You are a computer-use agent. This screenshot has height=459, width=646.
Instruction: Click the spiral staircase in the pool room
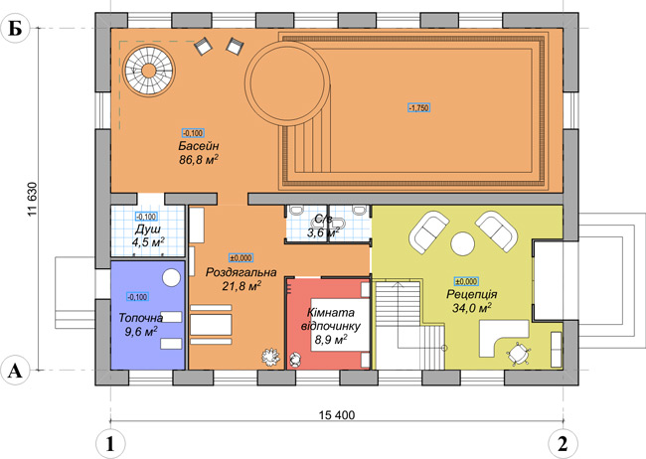(x=149, y=71)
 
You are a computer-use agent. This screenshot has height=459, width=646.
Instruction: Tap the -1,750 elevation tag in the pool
(x=419, y=108)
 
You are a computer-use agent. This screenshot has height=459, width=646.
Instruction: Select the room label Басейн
(x=199, y=146)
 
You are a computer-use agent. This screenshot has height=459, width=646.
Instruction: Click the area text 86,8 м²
(x=199, y=159)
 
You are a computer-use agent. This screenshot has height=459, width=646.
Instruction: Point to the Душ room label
(x=148, y=229)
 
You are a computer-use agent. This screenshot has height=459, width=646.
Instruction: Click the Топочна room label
(x=141, y=318)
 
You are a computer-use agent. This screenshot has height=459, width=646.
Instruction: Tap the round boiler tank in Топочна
(x=171, y=277)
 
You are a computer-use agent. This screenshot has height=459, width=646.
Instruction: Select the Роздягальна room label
(x=242, y=272)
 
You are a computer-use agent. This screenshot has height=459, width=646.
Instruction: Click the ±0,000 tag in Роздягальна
(x=242, y=258)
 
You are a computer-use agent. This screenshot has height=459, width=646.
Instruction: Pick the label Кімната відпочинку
(x=331, y=319)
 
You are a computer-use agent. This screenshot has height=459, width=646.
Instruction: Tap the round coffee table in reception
(x=463, y=244)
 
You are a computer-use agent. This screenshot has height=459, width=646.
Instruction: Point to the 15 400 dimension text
(x=337, y=415)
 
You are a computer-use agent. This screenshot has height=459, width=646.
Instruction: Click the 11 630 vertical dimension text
(x=33, y=200)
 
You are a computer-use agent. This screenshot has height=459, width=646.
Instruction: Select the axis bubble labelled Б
(x=15, y=29)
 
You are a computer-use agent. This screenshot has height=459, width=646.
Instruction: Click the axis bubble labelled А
(x=15, y=371)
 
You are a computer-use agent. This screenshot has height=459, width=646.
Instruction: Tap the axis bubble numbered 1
(x=110, y=444)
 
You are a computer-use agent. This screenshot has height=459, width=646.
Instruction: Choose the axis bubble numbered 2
(x=563, y=444)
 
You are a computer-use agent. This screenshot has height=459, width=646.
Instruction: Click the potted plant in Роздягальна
(x=270, y=357)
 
